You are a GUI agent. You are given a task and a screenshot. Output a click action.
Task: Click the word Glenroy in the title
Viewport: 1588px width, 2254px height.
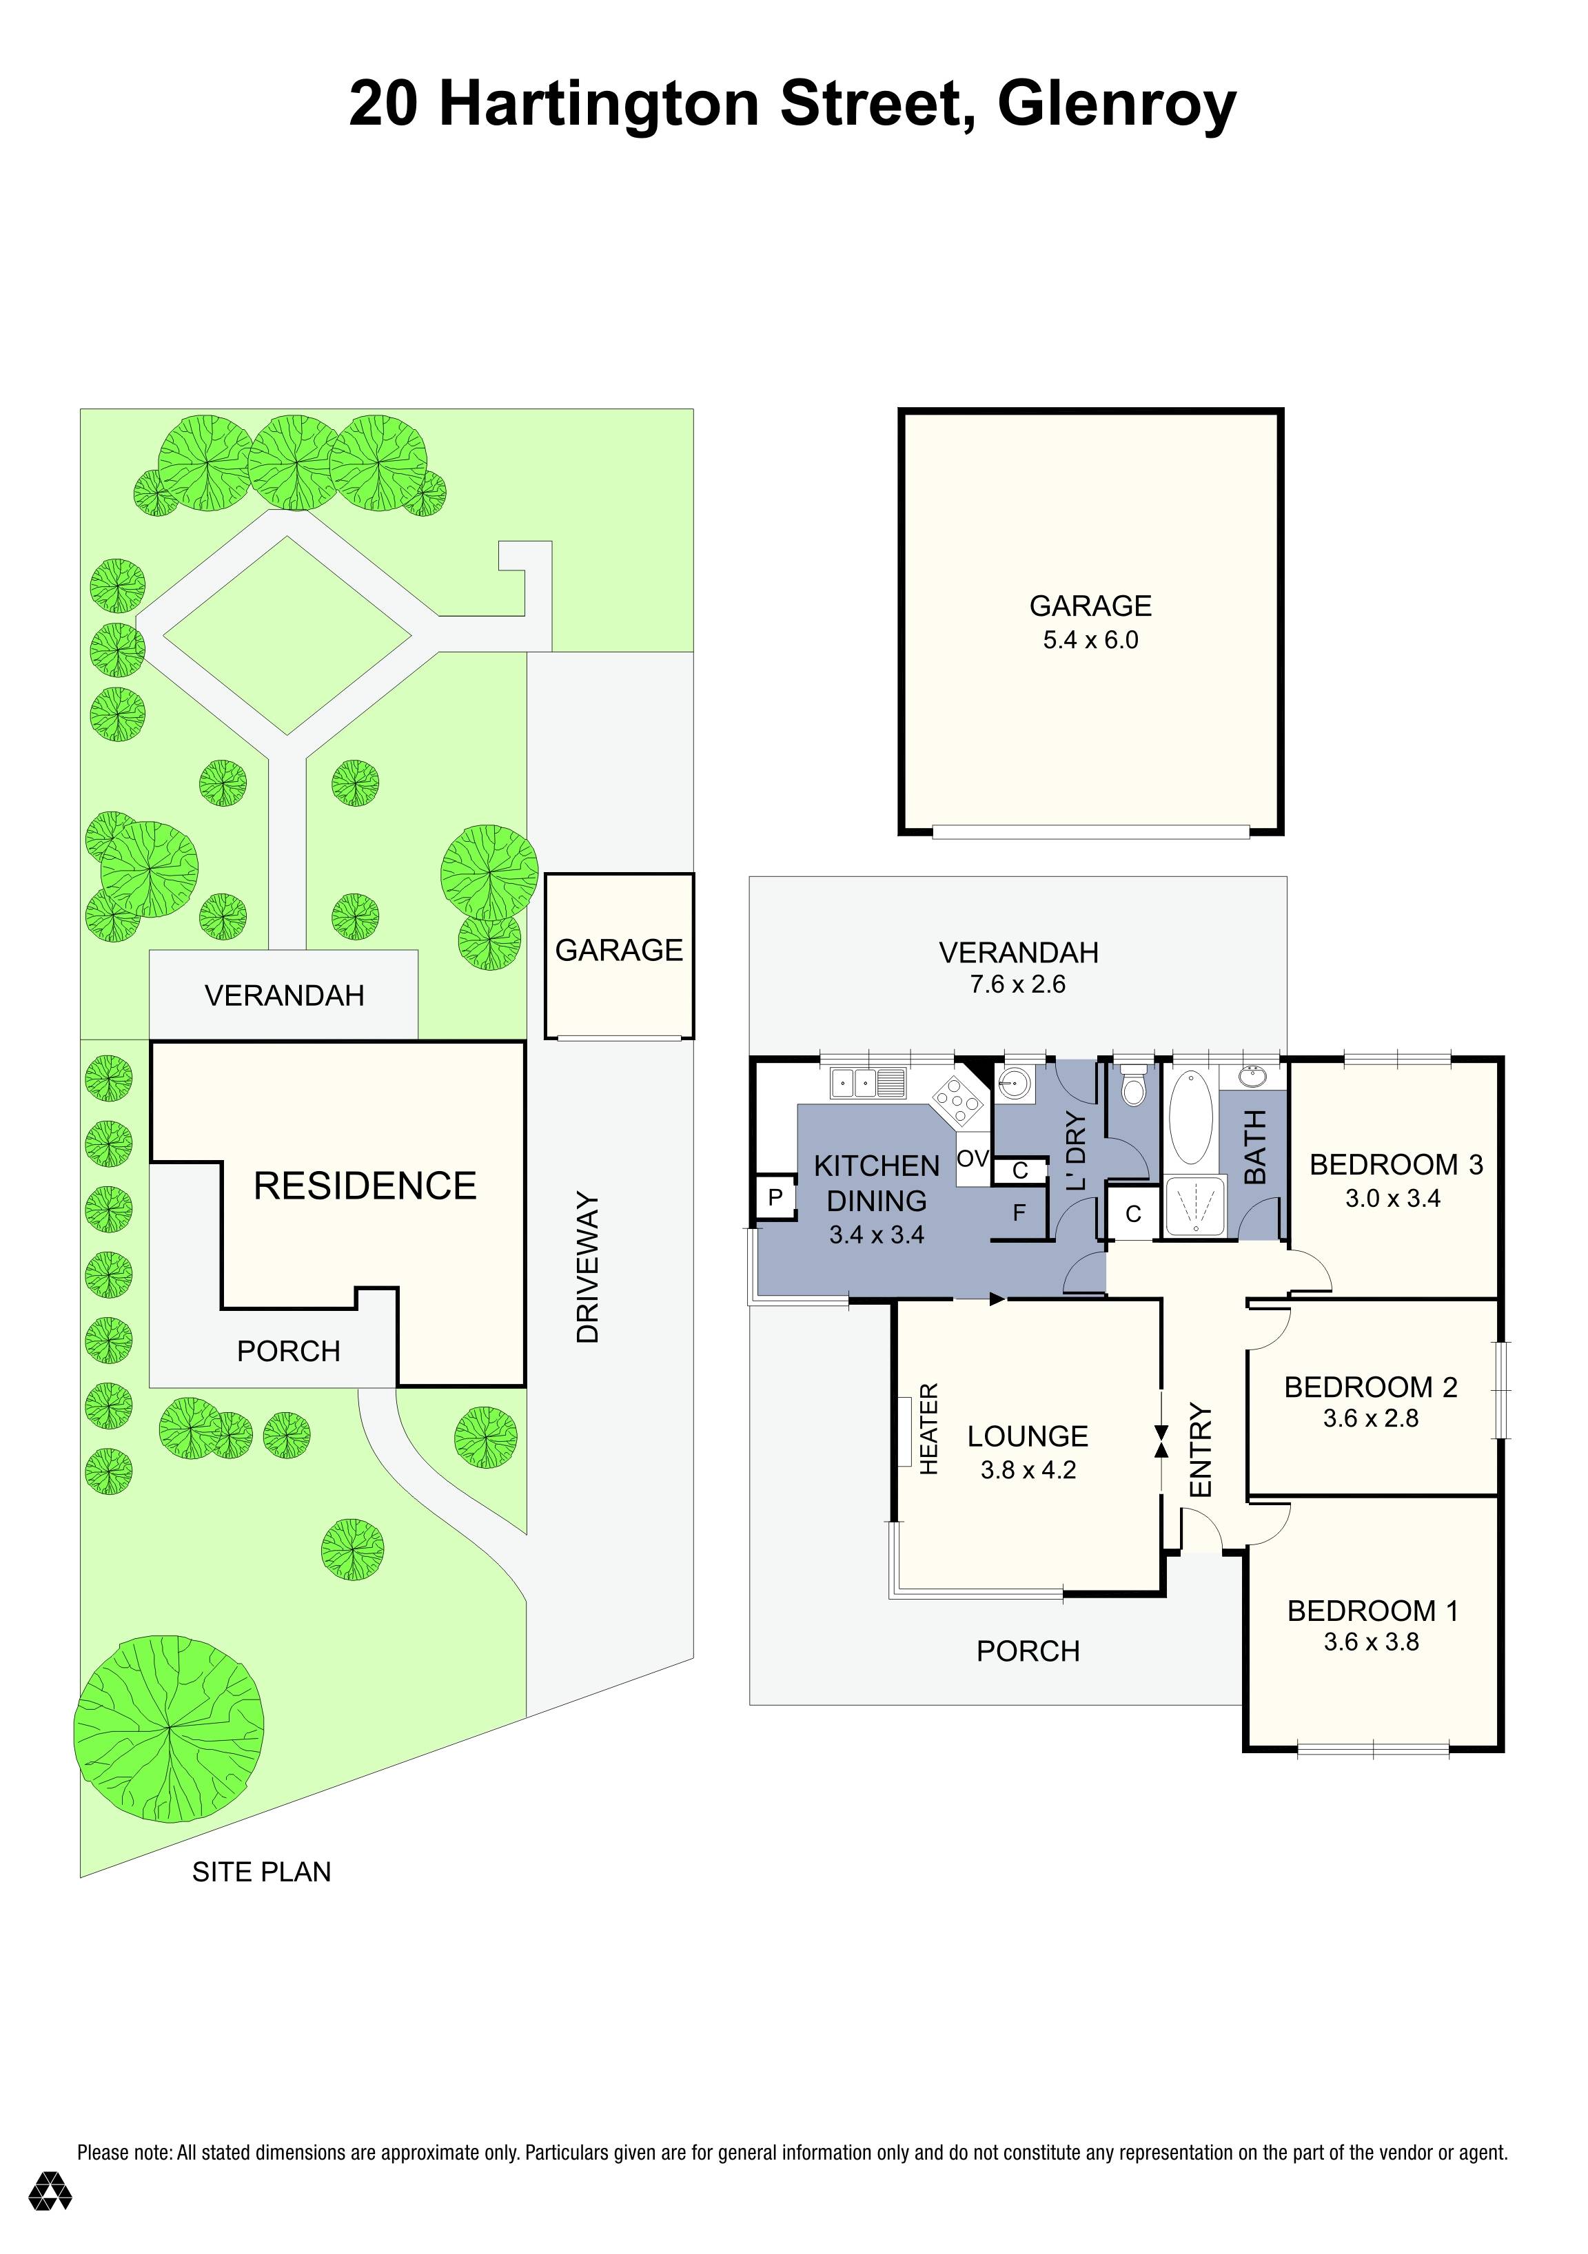tap(1117, 106)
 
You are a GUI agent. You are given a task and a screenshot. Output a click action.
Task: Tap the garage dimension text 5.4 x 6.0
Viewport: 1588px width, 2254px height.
tap(1090, 640)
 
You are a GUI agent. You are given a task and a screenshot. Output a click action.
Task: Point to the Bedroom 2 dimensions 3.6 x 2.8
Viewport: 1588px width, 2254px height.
tap(1371, 1418)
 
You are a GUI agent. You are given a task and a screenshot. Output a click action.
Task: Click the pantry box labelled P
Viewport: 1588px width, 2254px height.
tap(775, 1198)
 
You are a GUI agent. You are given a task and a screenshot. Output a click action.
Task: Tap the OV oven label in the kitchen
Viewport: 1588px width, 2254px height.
tap(973, 1159)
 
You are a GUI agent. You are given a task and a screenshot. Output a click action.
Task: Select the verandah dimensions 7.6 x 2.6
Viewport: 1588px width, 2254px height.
tap(1017, 984)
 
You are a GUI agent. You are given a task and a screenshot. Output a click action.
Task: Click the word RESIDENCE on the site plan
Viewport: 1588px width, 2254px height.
tap(365, 1186)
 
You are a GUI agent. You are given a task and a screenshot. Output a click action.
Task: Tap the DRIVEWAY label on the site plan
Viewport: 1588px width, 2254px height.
tap(587, 1268)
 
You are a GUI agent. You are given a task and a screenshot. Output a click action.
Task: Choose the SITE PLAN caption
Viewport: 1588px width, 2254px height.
tap(261, 1872)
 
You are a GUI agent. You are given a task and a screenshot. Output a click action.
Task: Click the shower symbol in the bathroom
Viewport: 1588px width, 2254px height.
tap(1195, 1206)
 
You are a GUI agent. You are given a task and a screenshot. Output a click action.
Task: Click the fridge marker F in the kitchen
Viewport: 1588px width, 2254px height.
tap(1019, 1212)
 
